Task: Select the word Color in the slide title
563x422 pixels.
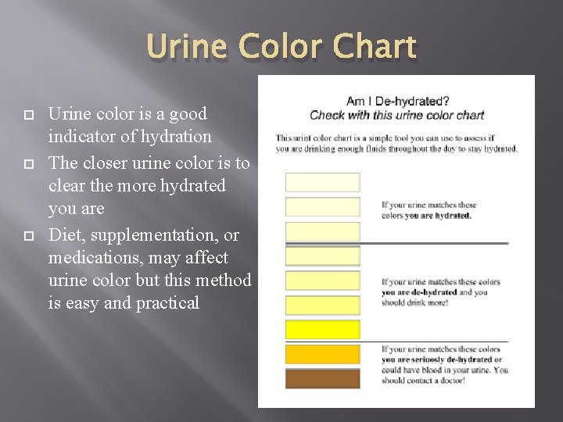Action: click(279, 47)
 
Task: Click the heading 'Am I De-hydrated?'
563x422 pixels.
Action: click(397, 101)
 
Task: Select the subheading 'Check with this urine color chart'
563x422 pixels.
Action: click(397, 115)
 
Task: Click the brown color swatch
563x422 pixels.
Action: click(322, 379)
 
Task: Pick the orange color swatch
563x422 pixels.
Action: click(322, 354)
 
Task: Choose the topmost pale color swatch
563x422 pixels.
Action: click(322, 182)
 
